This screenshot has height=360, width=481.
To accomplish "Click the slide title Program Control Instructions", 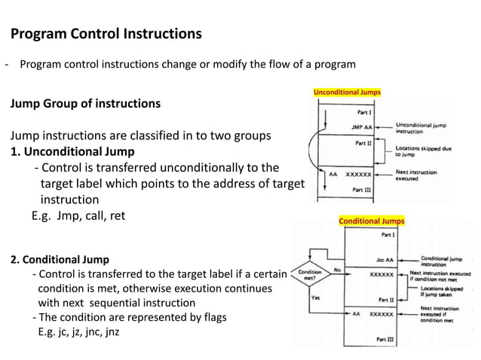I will click(106, 34).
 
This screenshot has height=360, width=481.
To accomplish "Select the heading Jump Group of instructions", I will click(84, 103).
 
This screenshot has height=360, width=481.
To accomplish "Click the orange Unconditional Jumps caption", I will click(347, 93).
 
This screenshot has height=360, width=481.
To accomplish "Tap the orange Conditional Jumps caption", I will click(371, 221).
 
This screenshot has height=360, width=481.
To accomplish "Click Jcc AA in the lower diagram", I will click(384, 259).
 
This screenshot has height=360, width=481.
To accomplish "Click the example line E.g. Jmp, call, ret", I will click(78, 215).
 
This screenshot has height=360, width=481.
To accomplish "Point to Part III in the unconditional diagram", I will click(362, 190).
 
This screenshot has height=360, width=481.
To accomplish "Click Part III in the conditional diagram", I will click(385, 340).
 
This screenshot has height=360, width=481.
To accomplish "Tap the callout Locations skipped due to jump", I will click(424, 151).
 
